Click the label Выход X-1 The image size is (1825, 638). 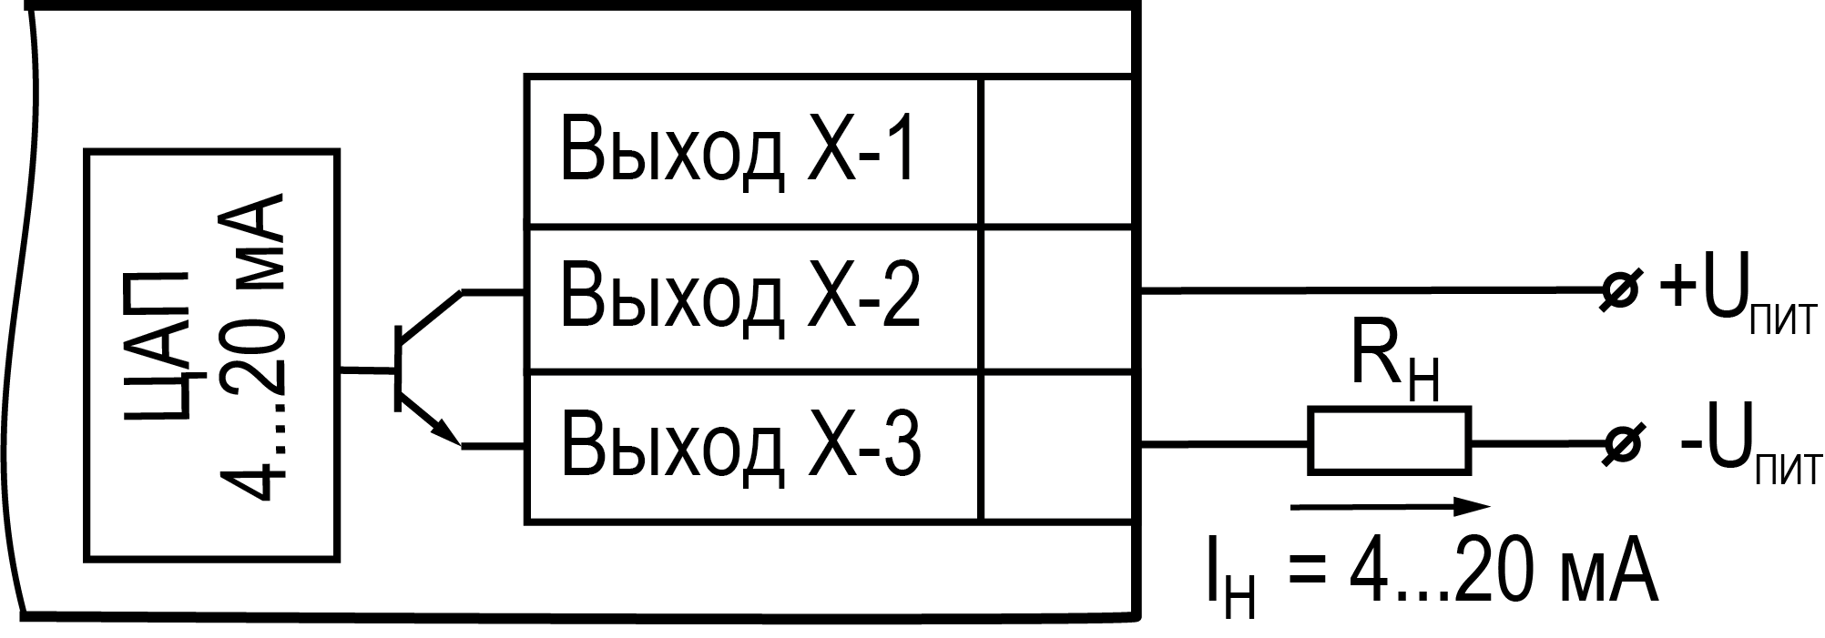tap(738, 151)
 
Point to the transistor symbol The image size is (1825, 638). tap(419, 369)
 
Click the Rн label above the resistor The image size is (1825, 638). tap(1393, 369)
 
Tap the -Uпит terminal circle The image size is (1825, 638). tap(1620, 444)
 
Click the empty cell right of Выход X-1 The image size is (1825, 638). tap(1056, 151)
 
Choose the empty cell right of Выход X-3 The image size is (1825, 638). tap(1056, 446)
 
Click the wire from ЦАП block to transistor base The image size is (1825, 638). tap(367, 370)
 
